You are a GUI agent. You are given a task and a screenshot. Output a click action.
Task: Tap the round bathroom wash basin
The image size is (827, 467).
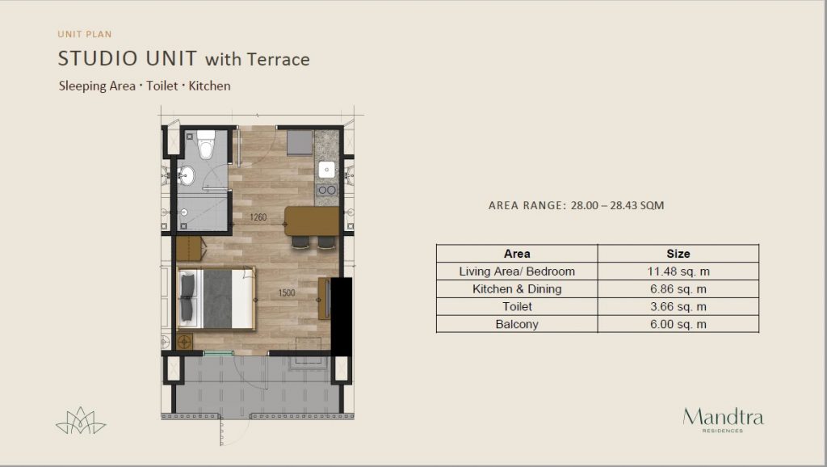187,175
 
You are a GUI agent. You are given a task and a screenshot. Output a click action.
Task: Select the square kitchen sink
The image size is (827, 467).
327,170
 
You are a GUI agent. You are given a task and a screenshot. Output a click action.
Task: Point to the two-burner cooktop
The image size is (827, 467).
326,191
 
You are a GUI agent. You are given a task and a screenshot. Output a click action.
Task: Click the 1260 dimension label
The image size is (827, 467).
258,217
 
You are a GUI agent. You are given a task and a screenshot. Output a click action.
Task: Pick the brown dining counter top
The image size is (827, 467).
312,221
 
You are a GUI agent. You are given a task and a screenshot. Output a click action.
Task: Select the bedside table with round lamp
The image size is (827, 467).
187,341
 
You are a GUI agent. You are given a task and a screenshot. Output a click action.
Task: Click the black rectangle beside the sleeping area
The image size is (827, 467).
342,316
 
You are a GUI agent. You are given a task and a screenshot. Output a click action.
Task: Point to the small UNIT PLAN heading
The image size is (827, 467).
84,34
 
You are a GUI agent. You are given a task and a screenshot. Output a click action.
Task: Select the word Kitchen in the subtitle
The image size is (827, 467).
210,86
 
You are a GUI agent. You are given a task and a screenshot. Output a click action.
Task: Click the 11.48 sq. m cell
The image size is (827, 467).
678,271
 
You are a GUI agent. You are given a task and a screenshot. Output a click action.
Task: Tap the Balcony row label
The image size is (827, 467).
517,324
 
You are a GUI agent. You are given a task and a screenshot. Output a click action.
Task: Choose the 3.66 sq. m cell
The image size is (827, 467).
678,306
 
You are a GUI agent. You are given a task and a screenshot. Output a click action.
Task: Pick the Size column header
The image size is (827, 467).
678,254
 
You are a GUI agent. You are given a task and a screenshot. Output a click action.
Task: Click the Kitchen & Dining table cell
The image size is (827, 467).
517,288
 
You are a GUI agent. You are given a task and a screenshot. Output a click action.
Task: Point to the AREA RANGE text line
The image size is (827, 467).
576,206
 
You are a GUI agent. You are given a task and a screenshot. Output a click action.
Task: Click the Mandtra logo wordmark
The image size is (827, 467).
722,417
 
